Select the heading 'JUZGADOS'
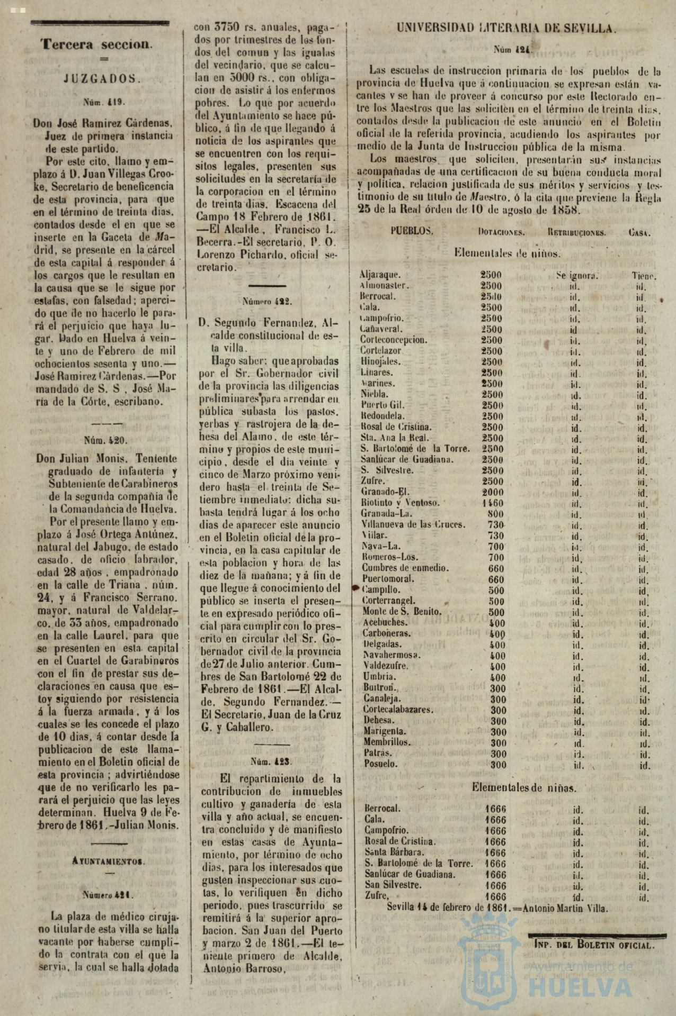pyautogui.click(x=103, y=79)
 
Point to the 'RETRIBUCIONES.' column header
pyautogui.click(x=577, y=232)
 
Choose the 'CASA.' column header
pyautogui.click(x=641, y=232)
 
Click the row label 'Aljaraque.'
pyautogui.click(x=380, y=275)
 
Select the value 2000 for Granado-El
pyautogui.click(x=493, y=492)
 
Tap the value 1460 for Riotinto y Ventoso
pyautogui.click(x=493, y=503)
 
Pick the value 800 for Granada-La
pyautogui.click(x=496, y=513)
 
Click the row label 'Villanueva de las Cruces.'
pyautogui.click(x=413, y=524)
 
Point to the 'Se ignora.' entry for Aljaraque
pyautogui.click(x=577, y=275)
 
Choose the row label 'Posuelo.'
pyautogui.click(x=380, y=764)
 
